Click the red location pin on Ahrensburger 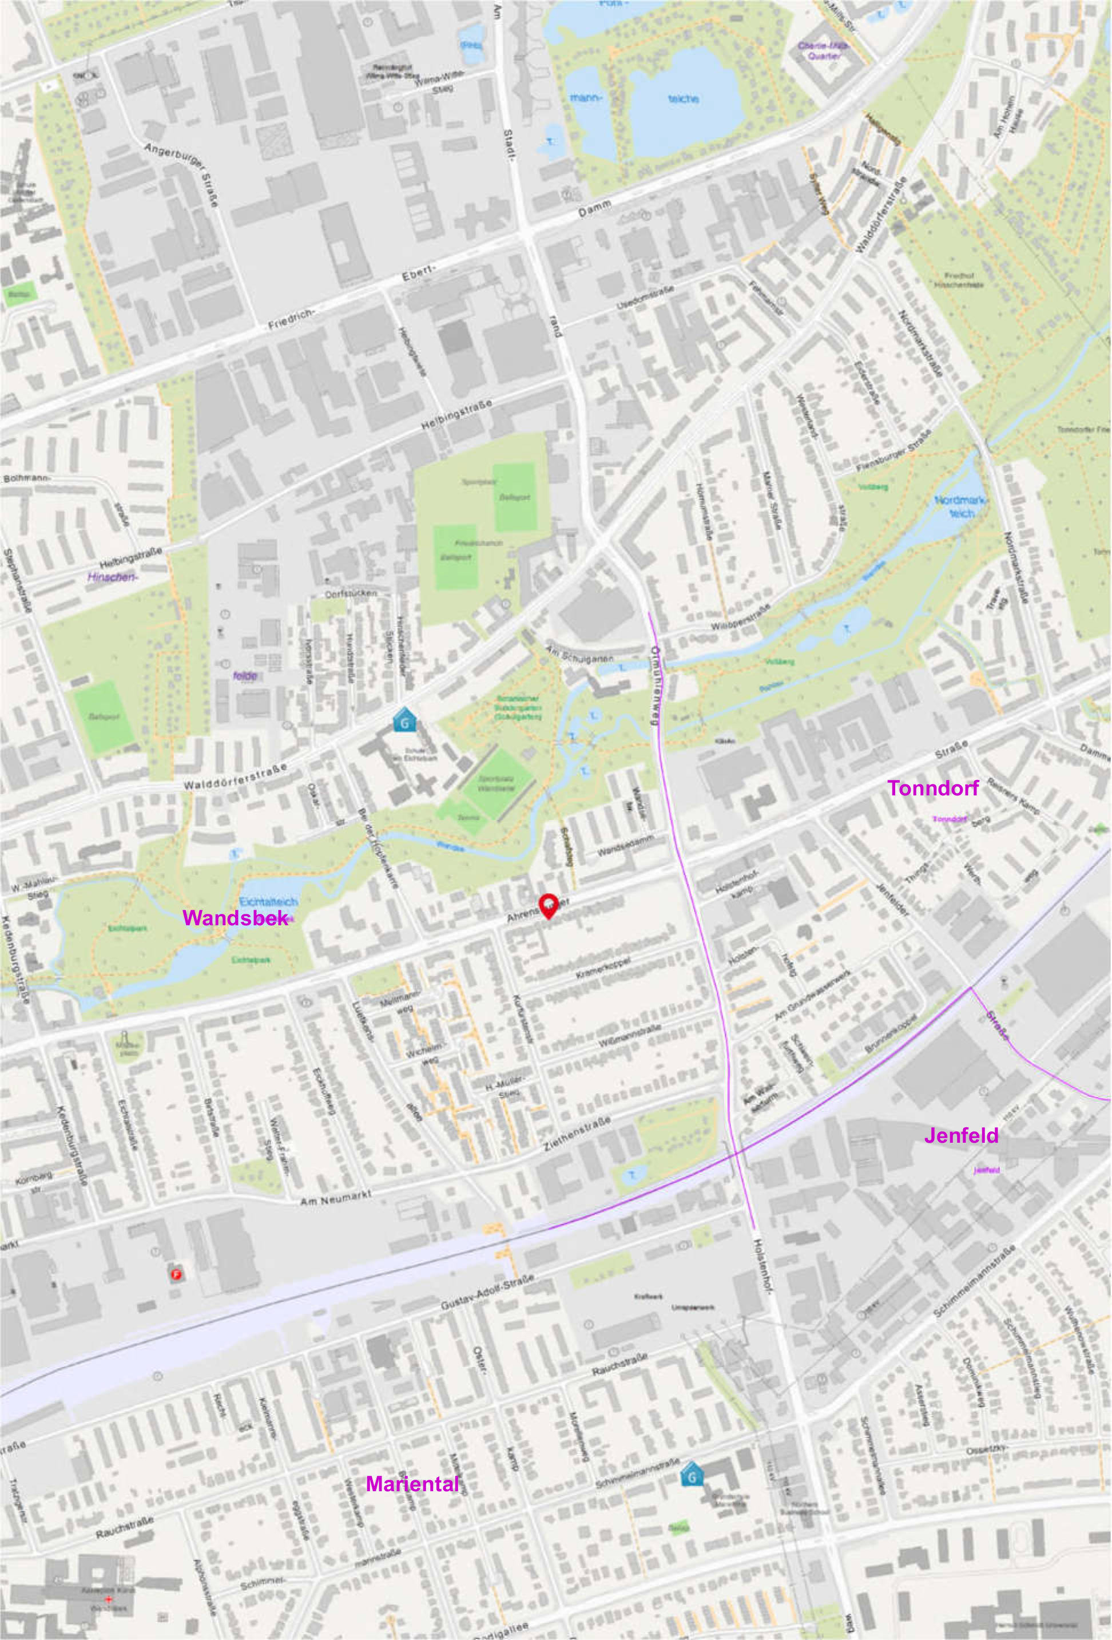(x=548, y=905)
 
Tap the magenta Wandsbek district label (x=235, y=917)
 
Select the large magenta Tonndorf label (x=933, y=789)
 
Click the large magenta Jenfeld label (x=961, y=1135)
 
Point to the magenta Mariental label (x=412, y=1484)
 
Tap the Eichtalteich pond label (x=269, y=902)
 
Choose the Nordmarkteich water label (x=961, y=506)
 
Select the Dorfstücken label (x=351, y=593)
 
